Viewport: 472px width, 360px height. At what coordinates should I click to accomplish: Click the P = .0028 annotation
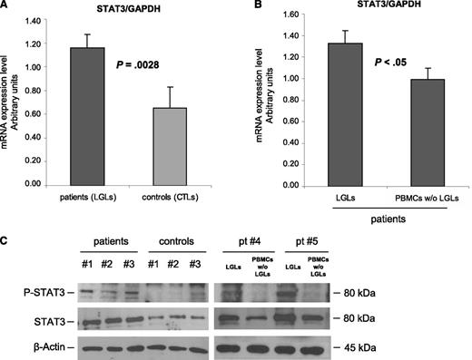point(139,66)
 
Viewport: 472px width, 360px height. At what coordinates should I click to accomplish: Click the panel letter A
point(6,7)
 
